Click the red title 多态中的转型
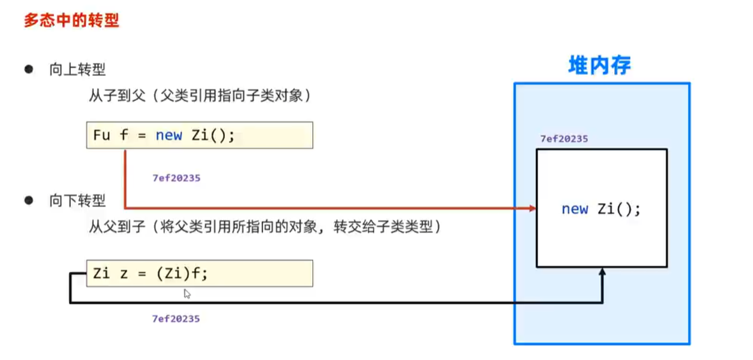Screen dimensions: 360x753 coord(71,21)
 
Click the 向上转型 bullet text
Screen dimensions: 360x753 coord(77,70)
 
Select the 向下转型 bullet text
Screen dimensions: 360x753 coord(77,201)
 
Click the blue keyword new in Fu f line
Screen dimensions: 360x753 coord(168,135)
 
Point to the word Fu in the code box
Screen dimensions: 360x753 coord(100,135)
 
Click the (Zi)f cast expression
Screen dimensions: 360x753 coord(181,274)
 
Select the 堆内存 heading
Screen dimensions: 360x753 coord(599,66)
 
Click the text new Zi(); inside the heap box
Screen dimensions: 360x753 coord(601,209)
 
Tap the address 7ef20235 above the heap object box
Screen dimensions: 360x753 coord(563,139)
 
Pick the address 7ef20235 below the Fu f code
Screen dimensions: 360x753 coord(176,178)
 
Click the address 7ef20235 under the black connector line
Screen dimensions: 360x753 coord(176,319)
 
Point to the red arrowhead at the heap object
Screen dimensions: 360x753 coord(532,208)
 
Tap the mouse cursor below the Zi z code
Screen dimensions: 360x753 coord(187,294)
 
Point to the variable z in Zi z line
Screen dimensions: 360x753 coord(123,274)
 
